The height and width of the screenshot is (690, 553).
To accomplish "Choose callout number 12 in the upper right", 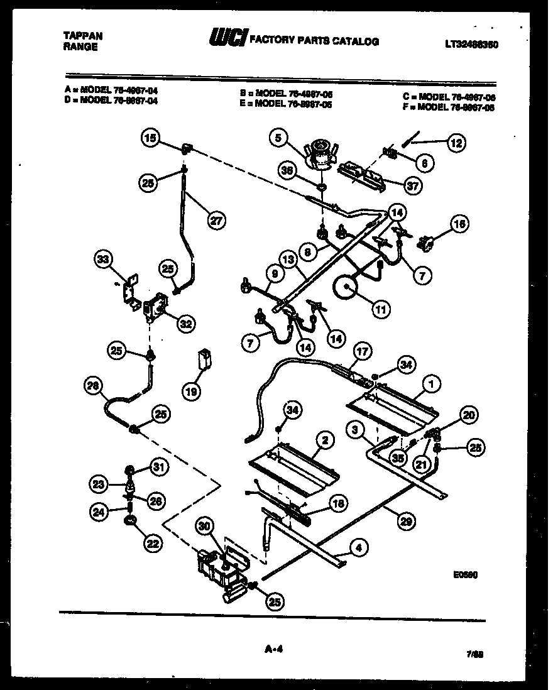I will coord(457,143).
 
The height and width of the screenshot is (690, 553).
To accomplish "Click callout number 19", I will coord(190,391).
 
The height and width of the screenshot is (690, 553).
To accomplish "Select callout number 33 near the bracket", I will coord(104,259).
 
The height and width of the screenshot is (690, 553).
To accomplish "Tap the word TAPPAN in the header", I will coord(83,36).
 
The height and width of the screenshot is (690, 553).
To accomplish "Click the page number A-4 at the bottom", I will coord(271,650).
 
